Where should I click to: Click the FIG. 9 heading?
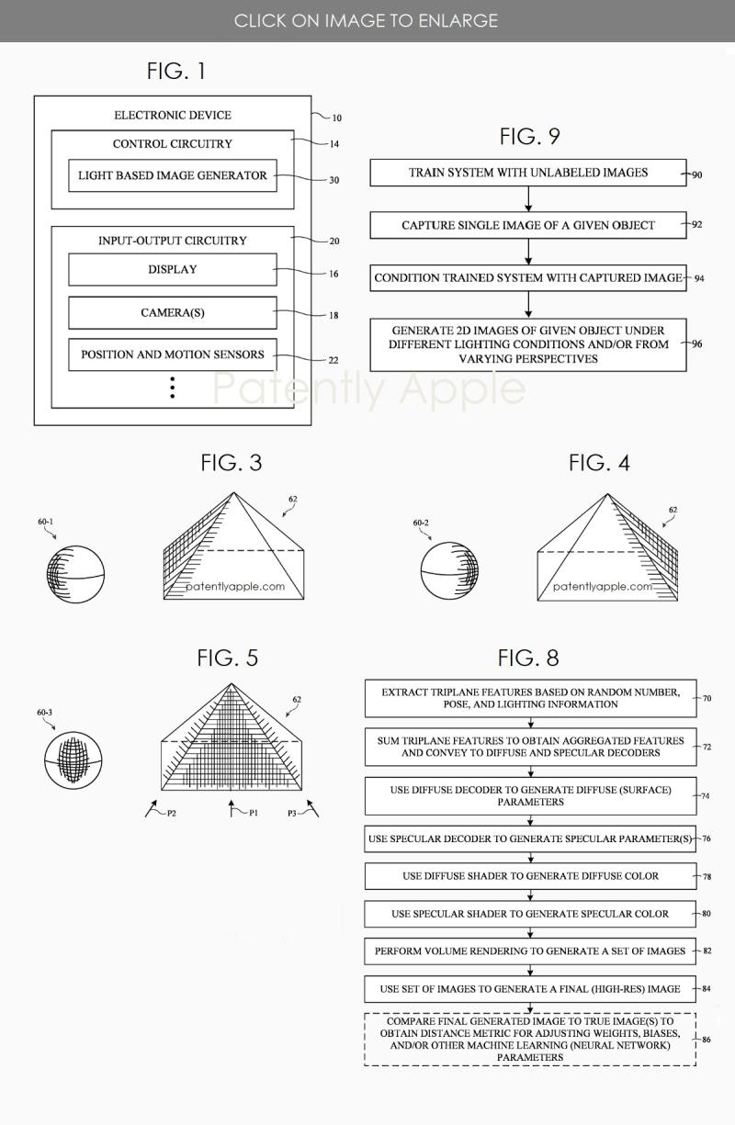click(529, 137)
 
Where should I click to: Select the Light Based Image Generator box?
click(172, 175)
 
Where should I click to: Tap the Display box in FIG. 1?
click(172, 270)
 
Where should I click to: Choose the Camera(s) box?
click(172, 313)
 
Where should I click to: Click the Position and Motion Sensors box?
click(172, 354)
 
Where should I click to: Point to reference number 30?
click(334, 180)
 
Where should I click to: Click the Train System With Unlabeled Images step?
click(527, 173)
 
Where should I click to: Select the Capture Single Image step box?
click(527, 225)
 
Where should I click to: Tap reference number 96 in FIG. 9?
click(696, 344)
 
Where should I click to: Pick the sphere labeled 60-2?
click(448, 572)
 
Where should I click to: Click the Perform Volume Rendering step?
click(530, 951)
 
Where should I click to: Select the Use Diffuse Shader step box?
click(530, 876)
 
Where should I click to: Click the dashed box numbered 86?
click(530, 1039)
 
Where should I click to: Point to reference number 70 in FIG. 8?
click(707, 698)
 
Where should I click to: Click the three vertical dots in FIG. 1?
click(172, 388)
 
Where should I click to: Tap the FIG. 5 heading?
click(227, 658)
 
